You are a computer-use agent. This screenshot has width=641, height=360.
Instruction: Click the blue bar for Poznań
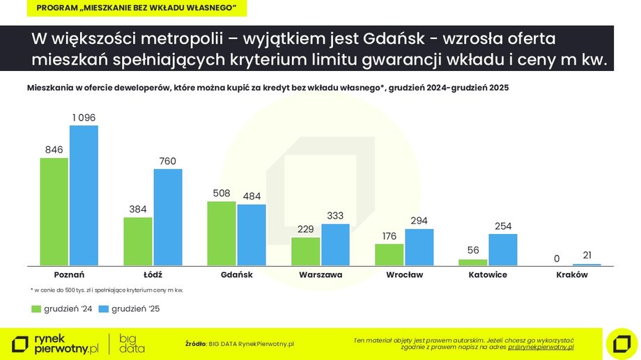pyautogui.click(x=84, y=196)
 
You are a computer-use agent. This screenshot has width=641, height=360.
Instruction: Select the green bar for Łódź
pyautogui.click(x=138, y=241)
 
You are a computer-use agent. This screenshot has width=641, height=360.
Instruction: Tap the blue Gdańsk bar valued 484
pyautogui.click(x=252, y=235)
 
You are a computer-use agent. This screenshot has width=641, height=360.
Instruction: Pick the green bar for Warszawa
pyautogui.click(x=305, y=251)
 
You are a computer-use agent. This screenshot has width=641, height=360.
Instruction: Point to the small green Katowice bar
pyautogui.click(x=472, y=262)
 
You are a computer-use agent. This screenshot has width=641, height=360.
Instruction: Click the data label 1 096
pyautogui.click(x=84, y=118)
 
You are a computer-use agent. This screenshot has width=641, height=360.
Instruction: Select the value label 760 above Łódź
pyautogui.click(x=168, y=161)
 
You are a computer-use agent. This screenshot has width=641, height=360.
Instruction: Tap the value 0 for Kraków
pyautogui.click(x=557, y=259)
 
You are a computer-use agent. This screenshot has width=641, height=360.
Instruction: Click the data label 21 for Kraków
pyautogui.click(x=587, y=256)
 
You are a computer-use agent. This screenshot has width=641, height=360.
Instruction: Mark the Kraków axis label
pyautogui.click(x=572, y=275)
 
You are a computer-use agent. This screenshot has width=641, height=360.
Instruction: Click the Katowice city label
pyautogui.click(x=488, y=275)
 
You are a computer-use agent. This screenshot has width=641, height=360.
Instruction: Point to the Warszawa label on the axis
pyautogui.click(x=320, y=275)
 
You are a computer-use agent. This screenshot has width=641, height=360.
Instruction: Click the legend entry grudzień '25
pyautogui.click(x=130, y=308)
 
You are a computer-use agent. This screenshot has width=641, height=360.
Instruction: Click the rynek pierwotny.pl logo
pyautogui.click(x=56, y=343)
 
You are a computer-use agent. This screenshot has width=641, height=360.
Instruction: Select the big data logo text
pyautogui.click(x=132, y=343)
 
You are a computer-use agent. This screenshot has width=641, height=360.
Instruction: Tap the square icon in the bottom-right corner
pyautogui.click(x=621, y=343)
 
